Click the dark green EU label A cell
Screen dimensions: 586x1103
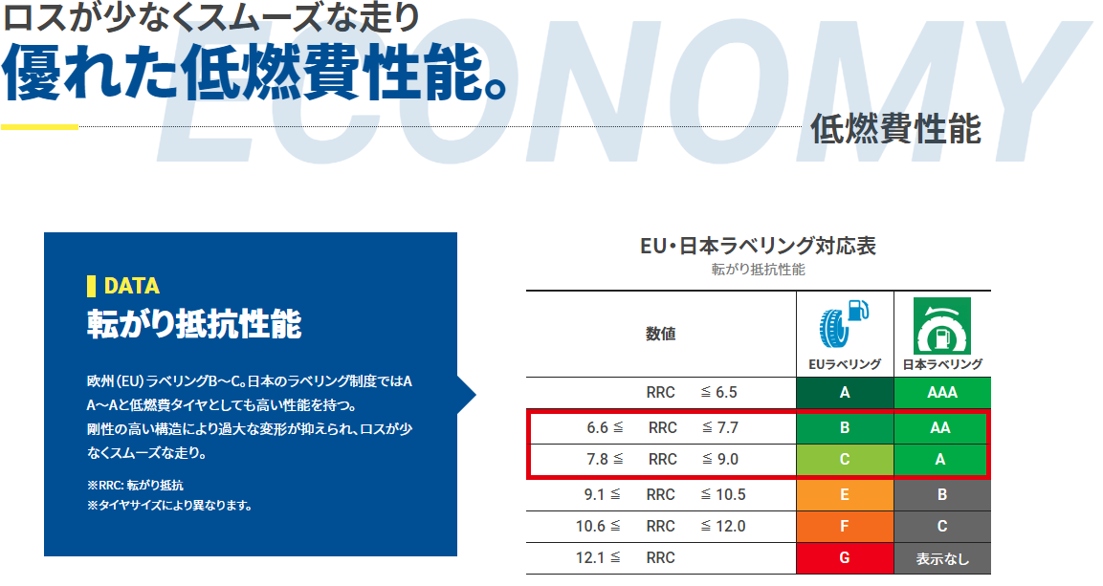tap(845, 393)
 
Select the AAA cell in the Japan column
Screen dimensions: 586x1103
tap(941, 393)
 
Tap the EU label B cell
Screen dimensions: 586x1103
tap(845, 428)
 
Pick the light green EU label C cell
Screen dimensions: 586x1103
tap(845, 460)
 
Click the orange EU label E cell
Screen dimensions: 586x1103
tap(845, 494)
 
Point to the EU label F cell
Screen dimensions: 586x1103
tap(845, 526)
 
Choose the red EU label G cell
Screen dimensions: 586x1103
tap(845, 557)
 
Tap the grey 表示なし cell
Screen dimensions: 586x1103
tap(941, 558)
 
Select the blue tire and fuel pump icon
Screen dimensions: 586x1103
tap(844, 325)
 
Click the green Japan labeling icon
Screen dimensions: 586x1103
tap(942, 326)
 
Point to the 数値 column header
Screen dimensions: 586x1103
tap(661, 334)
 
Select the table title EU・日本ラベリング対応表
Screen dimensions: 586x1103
tap(758, 246)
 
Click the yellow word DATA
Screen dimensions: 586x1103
tap(131, 286)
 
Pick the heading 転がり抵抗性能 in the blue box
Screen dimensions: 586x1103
tap(194, 325)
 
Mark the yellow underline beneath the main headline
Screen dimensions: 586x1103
tap(39, 126)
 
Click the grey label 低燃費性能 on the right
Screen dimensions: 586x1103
tap(895, 129)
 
